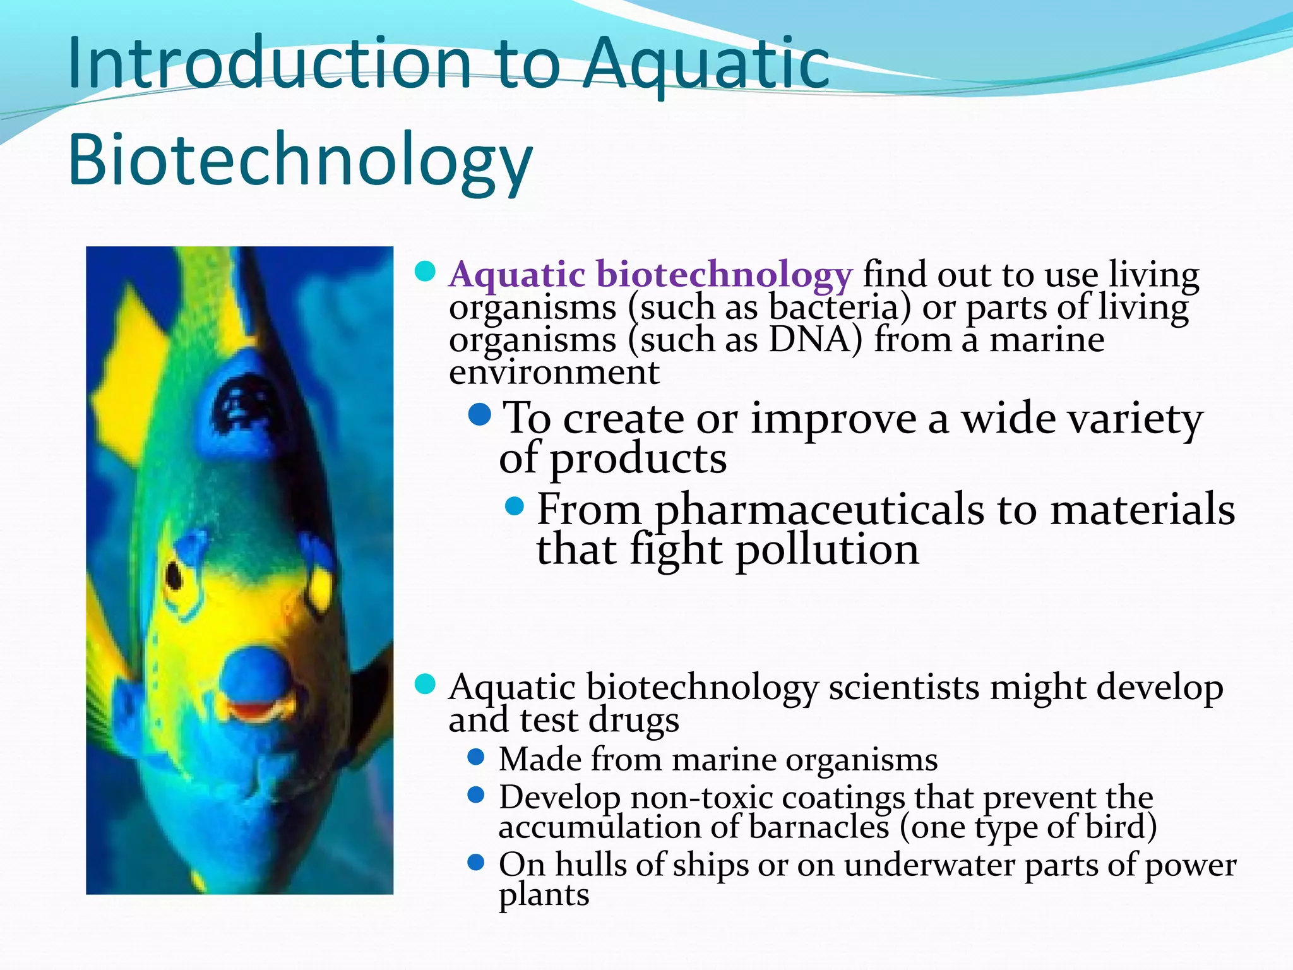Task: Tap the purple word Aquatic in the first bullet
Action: [517, 275]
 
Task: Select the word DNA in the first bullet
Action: [815, 340]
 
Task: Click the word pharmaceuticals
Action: [818, 510]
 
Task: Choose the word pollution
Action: [827, 549]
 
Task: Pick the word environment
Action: [554, 372]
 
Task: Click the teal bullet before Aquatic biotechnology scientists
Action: [425, 684]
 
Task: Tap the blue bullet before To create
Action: [480, 415]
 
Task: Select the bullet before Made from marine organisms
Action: [476, 757]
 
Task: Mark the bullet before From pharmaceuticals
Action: [515, 506]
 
